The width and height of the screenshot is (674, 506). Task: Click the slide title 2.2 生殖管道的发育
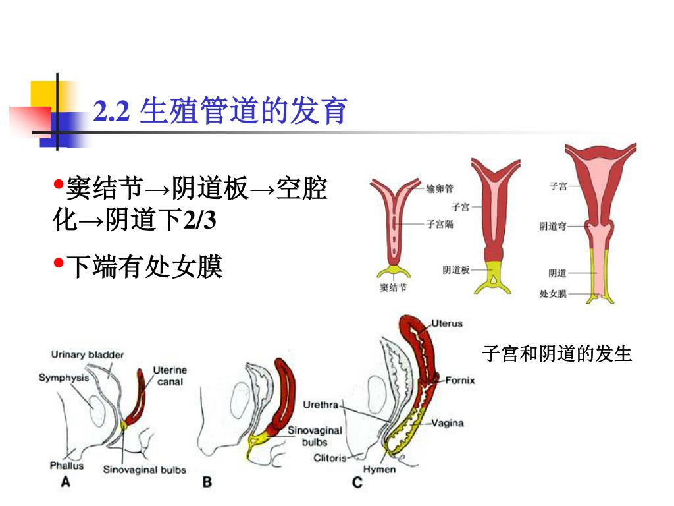click(x=220, y=111)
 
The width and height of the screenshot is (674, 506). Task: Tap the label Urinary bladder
click(x=88, y=355)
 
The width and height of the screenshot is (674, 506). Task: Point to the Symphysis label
click(x=63, y=378)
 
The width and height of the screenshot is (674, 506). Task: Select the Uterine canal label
click(x=170, y=376)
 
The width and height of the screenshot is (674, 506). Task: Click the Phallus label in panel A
click(x=67, y=465)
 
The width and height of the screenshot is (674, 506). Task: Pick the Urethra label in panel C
click(x=321, y=404)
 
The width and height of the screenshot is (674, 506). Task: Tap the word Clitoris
click(x=330, y=457)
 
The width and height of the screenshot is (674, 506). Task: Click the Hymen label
click(x=380, y=470)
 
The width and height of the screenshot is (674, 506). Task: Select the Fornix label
click(x=459, y=380)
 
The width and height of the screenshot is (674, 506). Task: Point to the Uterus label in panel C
click(x=447, y=323)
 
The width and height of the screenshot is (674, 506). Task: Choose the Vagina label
click(x=448, y=423)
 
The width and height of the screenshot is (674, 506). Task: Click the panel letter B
click(x=207, y=482)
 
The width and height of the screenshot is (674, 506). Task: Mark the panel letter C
click(x=357, y=483)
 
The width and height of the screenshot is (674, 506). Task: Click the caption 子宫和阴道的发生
click(x=557, y=354)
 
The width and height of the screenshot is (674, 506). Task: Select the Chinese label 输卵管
click(x=440, y=189)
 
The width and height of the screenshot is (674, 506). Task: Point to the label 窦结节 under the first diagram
click(x=394, y=287)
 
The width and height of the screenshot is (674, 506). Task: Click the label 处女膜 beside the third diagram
click(x=553, y=294)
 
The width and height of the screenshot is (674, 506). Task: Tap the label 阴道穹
click(x=553, y=227)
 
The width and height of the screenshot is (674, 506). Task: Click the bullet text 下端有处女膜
click(x=145, y=267)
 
